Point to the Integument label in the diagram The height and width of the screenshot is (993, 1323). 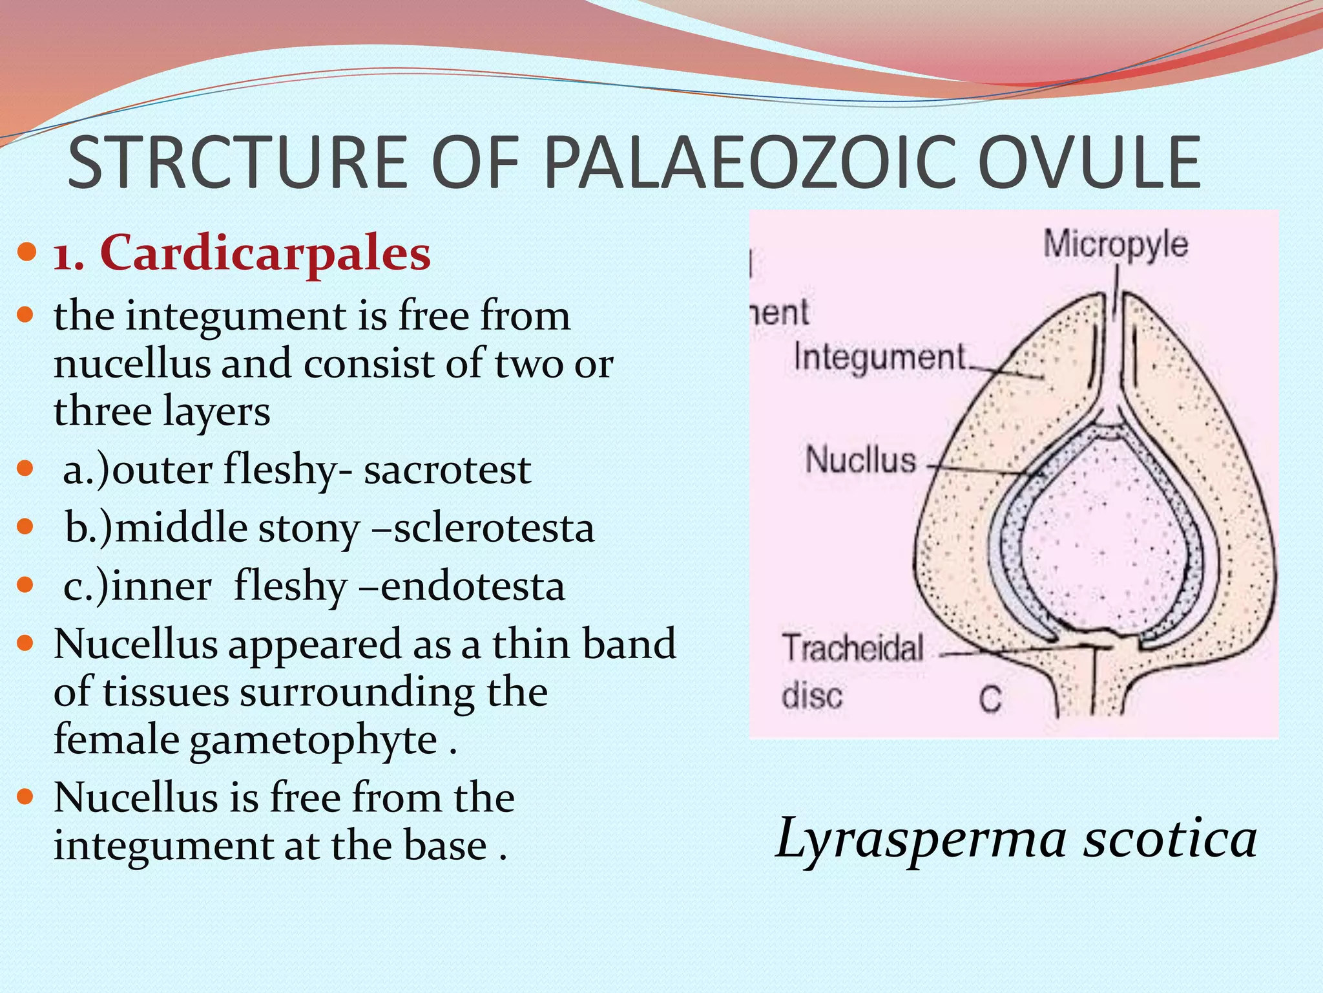(880, 358)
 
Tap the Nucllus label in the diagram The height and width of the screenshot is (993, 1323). (860, 460)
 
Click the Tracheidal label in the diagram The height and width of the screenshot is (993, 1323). (853, 648)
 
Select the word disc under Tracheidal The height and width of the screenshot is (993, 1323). (812, 696)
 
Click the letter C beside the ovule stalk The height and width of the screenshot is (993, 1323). (990, 699)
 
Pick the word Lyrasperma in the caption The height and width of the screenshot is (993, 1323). (920, 839)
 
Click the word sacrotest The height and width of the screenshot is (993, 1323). (447, 470)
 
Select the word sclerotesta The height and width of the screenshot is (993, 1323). (494, 529)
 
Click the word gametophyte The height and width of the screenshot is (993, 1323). (313, 740)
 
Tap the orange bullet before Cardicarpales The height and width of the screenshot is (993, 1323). (26, 251)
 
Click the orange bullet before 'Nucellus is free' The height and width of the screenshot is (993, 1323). (26, 796)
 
